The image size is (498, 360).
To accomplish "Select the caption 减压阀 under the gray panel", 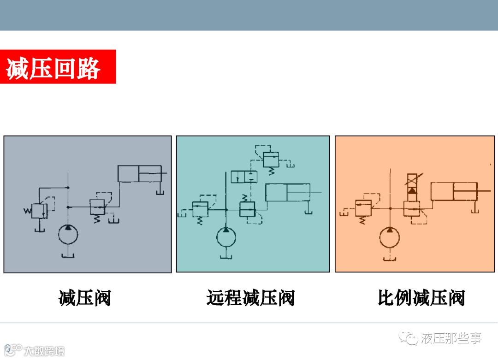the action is pos(85,298).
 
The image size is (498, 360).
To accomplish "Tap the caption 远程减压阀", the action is pos(250,298).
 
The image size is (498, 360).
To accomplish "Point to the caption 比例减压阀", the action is pos(421,298).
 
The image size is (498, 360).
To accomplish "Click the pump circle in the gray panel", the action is pos(68,235).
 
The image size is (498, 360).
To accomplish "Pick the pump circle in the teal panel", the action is pos(226,237).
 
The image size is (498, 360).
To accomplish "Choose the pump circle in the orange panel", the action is pos(390,238).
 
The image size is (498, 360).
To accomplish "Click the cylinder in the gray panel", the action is pos(139,173).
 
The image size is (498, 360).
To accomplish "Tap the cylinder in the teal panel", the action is pos(287,193).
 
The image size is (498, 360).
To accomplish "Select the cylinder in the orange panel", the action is pos(453,191).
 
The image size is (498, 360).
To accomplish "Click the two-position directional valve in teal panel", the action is pos(244,177).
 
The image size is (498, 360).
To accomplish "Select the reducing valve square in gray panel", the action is pos(97,207).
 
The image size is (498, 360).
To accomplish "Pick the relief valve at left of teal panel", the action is pos(200,209).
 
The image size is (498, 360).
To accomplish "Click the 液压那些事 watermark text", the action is pos(451,339).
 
